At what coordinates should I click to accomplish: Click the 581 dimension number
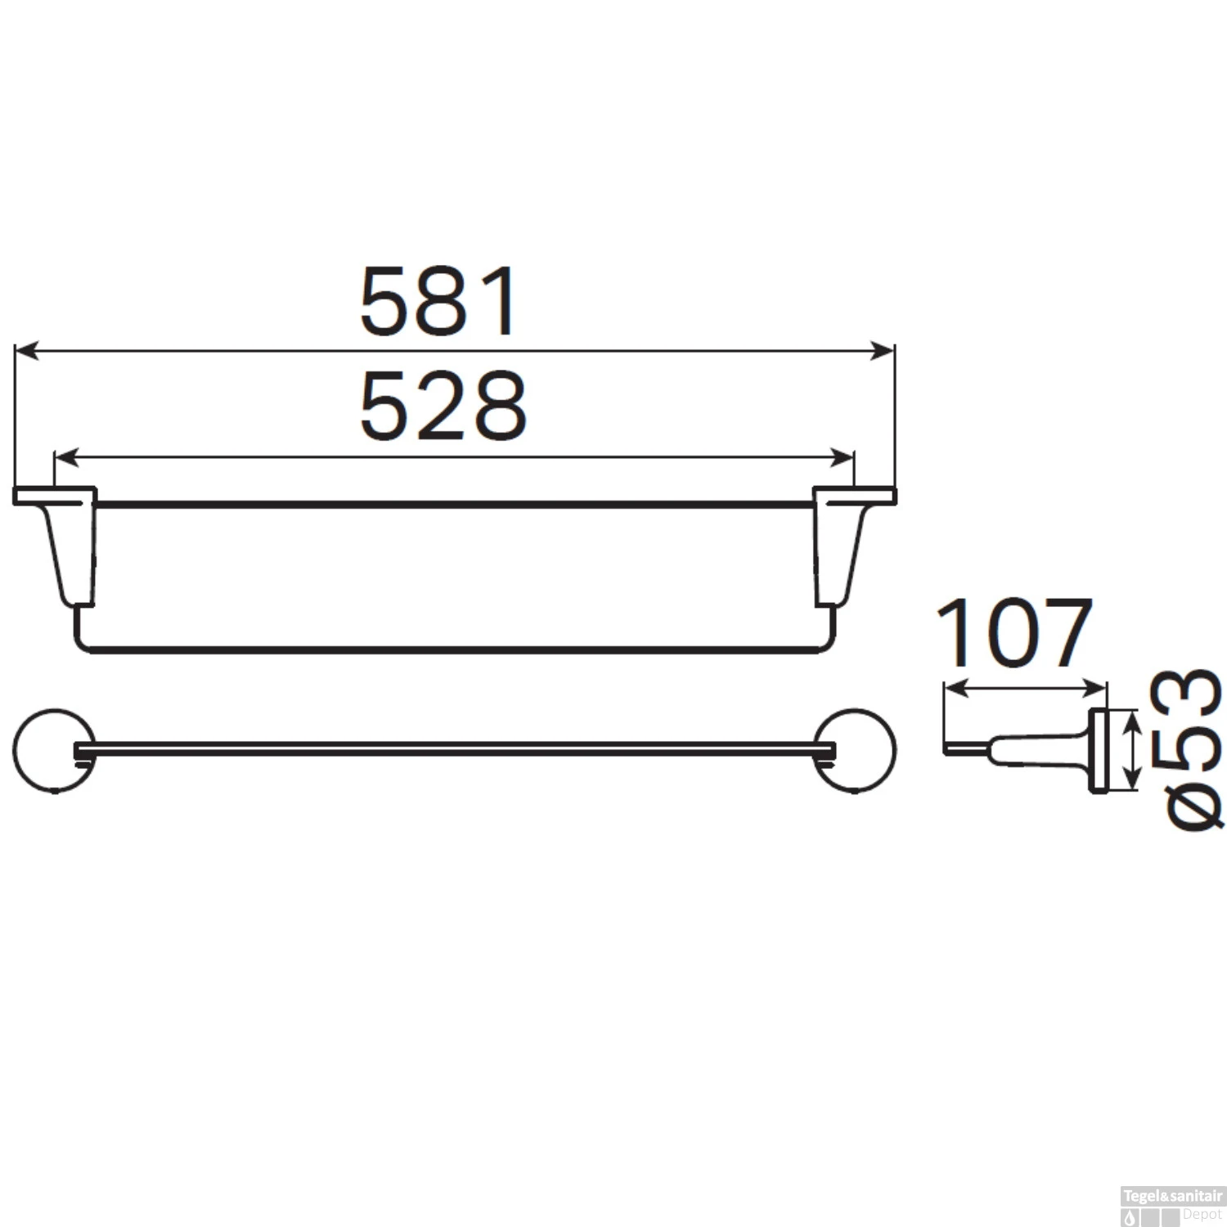438,301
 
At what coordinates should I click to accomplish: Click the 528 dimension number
443,406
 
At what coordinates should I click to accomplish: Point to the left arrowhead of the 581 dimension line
26,351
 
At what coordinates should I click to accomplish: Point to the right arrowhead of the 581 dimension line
883,351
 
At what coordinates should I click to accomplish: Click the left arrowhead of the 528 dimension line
65,457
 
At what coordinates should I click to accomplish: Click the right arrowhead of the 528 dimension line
843,457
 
